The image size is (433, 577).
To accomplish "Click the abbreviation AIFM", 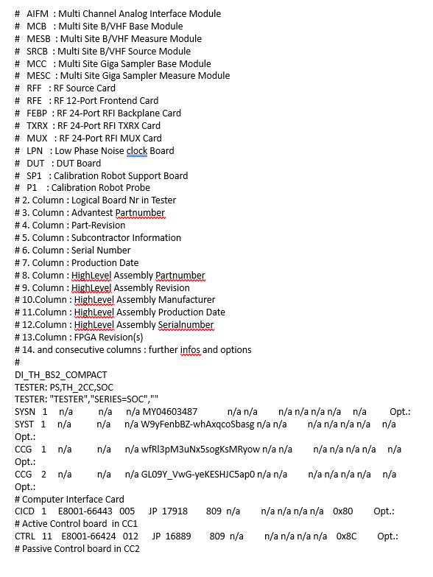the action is point(38,14).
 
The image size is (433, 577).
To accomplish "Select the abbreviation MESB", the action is point(39,38).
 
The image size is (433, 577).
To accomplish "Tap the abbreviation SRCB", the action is point(38,51).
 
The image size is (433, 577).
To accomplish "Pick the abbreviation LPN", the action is point(35,150).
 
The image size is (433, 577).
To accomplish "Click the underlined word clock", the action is point(137,150).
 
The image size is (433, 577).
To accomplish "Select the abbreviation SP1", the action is point(34,175).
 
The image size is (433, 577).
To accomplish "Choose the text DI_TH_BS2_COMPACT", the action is point(60,374).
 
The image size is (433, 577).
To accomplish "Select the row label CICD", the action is point(24,511).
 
